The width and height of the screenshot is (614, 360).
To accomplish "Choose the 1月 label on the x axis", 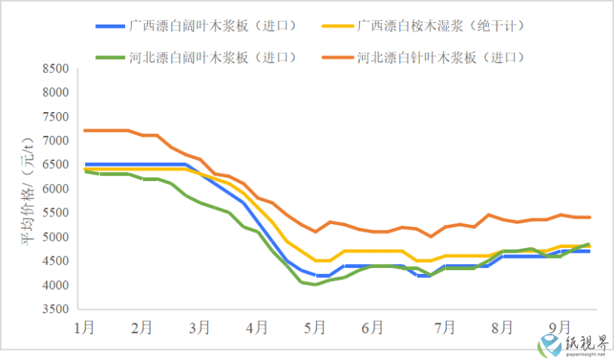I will [84, 328].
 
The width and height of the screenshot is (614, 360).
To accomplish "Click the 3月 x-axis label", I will [199, 328].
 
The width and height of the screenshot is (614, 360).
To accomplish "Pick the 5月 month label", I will [315, 328].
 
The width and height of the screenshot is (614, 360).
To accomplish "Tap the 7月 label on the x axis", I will [444, 328].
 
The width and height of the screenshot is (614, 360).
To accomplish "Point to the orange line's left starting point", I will [84, 130].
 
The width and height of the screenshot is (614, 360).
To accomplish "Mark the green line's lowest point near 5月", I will [315, 284].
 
